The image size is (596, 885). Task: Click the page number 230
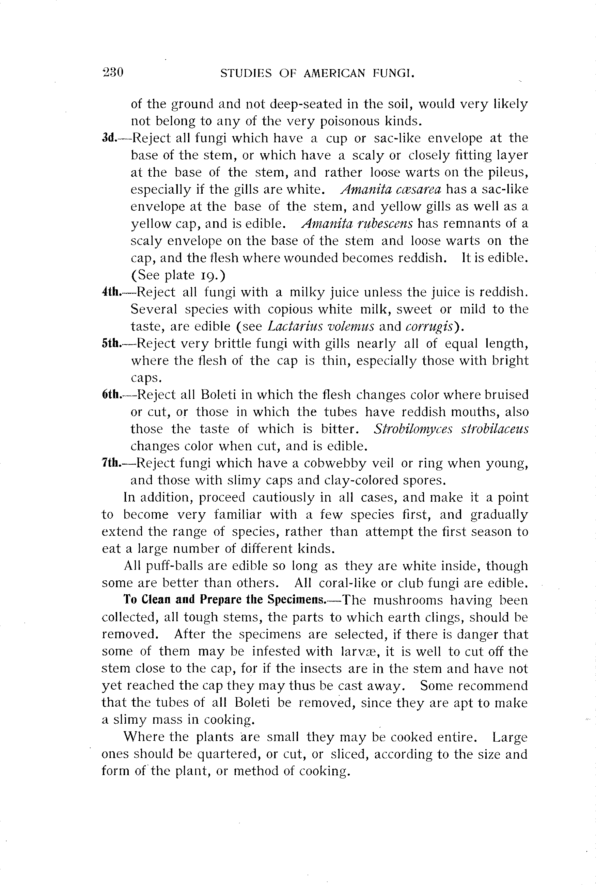tap(113, 72)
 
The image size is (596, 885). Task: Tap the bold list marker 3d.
tap(109, 138)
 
